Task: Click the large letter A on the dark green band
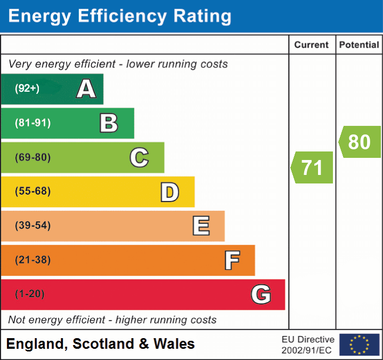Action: [x=86, y=89]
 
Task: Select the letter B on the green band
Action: [x=109, y=123]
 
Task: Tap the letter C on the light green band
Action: [x=139, y=157]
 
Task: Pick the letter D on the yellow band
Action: [x=169, y=192]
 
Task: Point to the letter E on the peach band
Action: [x=200, y=226]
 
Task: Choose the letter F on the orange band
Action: [x=231, y=260]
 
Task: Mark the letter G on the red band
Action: [x=261, y=294]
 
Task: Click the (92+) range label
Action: [x=27, y=89]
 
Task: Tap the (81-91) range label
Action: [x=32, y=123]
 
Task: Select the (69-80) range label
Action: [x=32, y=157]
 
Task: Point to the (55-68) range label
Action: [x=32, y=191]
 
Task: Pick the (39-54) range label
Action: [x=32, y=226]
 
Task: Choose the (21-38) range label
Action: [x=32, y=260]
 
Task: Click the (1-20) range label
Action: [x=30, y=294]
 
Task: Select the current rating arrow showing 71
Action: [x=312, y=167]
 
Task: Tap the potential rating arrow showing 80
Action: [x=360, y=142]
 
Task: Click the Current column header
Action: [x=312, y=45]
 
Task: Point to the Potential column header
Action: [x=359, y=45]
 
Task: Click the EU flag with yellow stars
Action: [x=359, y=345]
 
